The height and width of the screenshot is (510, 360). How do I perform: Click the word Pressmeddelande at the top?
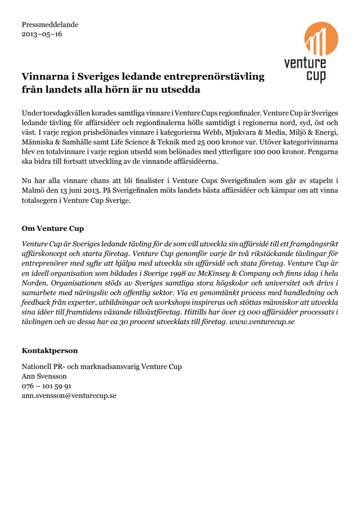pyautogui.click(x=50, y=25)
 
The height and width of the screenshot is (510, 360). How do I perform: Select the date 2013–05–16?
pyautogui.click(x=42, y=34)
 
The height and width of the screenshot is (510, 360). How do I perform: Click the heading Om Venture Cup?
pyautogui.click(x=53, y=228)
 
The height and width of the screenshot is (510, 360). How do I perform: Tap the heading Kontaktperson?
pyautogui.click(x=50, y=351)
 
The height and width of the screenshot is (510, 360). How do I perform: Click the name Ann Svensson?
pyautogui.click(x=44, y=376)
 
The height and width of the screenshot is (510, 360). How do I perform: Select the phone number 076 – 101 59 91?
pyautogui.click(x=47, y=386)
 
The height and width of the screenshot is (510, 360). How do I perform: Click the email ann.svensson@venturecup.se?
pyautogui.click(x=69, y=396)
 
